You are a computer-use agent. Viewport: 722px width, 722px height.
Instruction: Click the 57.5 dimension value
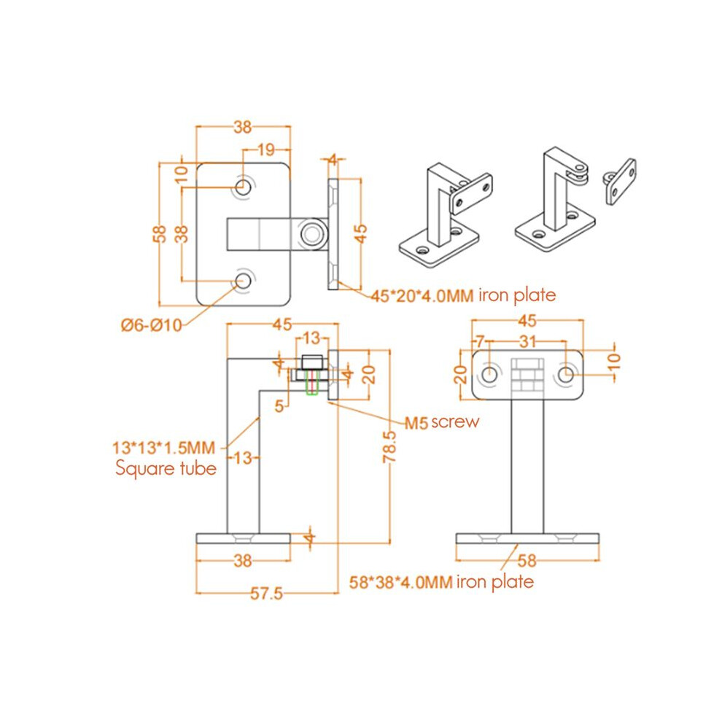coord(266,593)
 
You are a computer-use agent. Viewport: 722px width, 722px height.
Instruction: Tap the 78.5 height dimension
coord(389,446)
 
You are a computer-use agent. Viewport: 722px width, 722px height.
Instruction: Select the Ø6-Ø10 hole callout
coord(152,325)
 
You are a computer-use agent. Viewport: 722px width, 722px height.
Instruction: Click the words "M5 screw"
coord(442,422)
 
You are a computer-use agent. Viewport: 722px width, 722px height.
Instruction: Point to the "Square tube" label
coord(166,469)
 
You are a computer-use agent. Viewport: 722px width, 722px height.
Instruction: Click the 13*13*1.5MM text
coord(164,448)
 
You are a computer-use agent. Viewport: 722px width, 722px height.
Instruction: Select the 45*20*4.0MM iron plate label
coord(463,295)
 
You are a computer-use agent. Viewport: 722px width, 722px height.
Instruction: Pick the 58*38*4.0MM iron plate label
coord(441,582)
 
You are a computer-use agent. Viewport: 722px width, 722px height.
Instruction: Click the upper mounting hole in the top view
coord(243,187)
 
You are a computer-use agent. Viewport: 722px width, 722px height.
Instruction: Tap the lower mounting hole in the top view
coord(243,280)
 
